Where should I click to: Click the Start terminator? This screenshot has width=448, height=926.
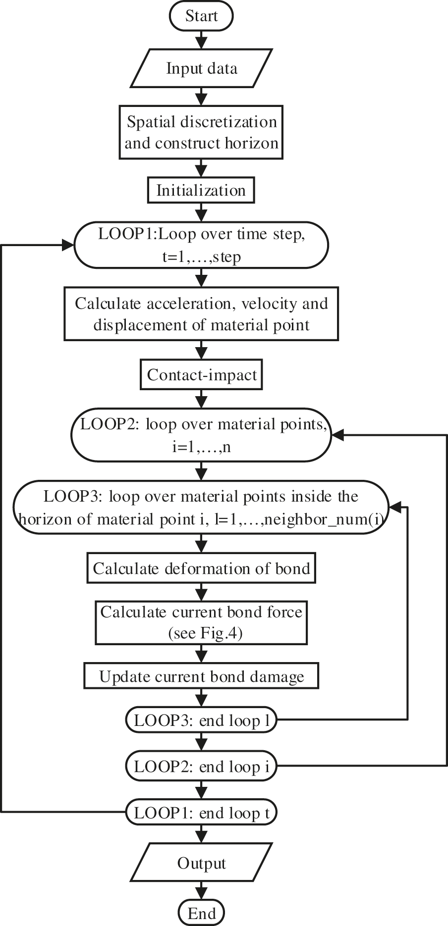(x=201, y=16)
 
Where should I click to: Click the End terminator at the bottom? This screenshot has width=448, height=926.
(x=201, y=913)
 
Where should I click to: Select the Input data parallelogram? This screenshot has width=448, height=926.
(x=201, y=68)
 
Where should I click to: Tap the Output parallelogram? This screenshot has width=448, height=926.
(x=201, y=863)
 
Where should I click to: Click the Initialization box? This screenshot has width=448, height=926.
(x=201, y=191)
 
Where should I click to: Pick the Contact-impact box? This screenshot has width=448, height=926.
(x=201, y=375)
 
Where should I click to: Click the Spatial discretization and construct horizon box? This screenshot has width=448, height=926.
(x=201, y=132)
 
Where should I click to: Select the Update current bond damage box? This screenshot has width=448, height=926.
(x=201, y=676)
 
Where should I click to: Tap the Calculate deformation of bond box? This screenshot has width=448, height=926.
(x=201, y=568)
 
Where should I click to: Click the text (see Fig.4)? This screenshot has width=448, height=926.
(x=205, y=633)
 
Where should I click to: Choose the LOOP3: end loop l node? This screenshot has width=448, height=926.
(x=201, y=720)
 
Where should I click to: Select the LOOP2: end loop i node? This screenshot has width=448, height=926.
(x=201, y=767)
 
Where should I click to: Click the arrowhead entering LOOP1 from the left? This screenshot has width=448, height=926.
(x=68, y=245)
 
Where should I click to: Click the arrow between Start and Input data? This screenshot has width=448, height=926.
(x=201, y=38)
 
